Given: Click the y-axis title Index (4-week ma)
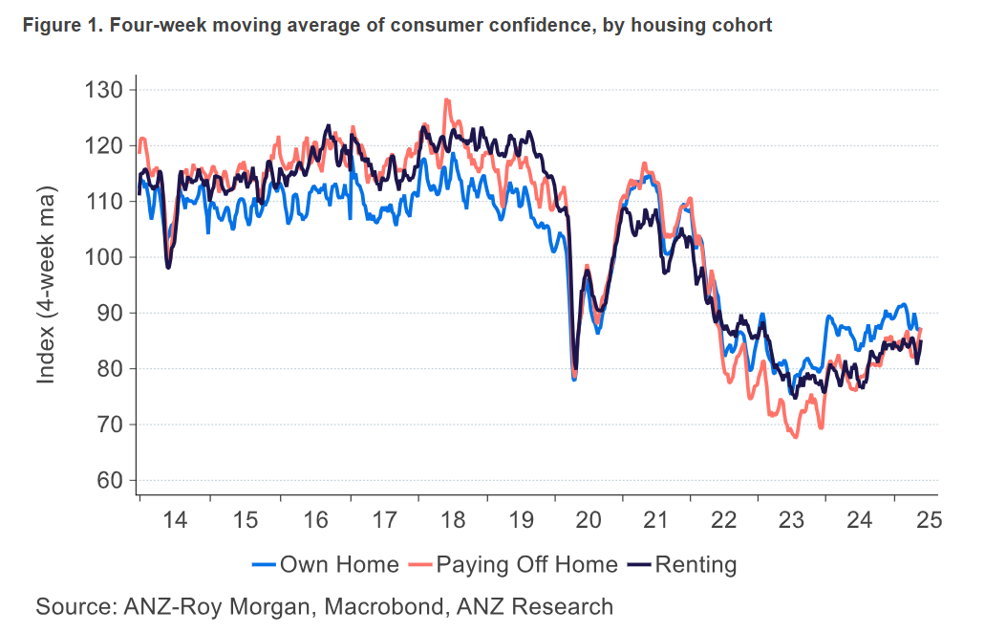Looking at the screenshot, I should pyautogui.click(x=46, y=287).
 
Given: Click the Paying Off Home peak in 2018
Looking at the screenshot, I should pyautogui.click(x=446, y=99).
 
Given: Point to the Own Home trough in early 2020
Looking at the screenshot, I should pyautogui.click(x=574, y=380).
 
